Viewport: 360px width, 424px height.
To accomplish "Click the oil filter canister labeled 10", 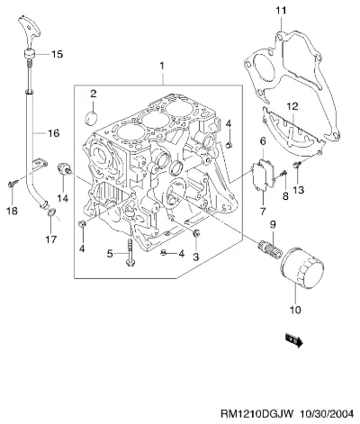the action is [x=302, y=268].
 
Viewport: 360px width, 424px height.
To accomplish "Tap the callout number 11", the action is [x=282, y=11].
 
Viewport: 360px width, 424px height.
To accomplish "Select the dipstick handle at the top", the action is [x=29, y=30].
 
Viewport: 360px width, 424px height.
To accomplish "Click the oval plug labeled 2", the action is [x=92, y=118].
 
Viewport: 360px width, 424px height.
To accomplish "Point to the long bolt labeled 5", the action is [x=130, y=252].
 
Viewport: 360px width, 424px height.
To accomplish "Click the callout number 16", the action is [x=54, y=132].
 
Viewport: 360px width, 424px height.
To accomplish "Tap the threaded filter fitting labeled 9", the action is [x=270, y=249].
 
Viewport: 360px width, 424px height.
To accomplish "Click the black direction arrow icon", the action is [x=294, y=341].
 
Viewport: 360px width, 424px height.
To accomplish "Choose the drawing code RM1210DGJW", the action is [x=256, y=414].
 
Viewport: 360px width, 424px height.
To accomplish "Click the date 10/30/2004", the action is [x=327, y=414].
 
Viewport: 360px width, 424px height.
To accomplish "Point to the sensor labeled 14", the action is [x=64, y=169].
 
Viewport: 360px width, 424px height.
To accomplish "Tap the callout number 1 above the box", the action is [x=162, y=66].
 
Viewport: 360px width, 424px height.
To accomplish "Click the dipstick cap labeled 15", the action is [x=30, y=54].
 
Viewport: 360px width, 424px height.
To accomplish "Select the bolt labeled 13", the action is [x=297, y=165].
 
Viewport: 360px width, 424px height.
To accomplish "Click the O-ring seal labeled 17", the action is [x=51, y=212].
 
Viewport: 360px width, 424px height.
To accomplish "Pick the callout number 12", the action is [x=292, y=106].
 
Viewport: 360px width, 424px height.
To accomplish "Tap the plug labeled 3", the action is [x=196, y=233].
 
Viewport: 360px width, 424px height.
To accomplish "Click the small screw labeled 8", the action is [x=283, y=173].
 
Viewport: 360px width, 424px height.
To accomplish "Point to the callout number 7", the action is [x=263, y=212].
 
